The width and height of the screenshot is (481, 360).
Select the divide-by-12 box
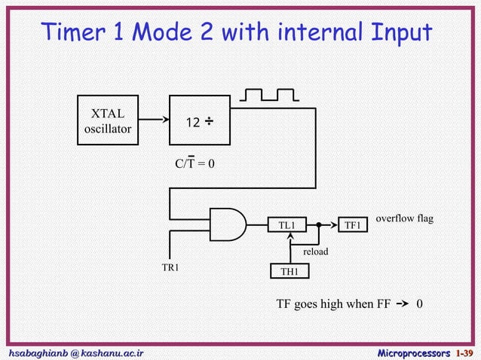point(201,121)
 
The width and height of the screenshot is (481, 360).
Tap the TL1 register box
point(287,225)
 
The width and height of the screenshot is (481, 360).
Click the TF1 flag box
point(353,225)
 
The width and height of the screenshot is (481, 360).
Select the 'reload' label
point(315,251)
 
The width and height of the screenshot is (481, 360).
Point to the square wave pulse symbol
point(268,96)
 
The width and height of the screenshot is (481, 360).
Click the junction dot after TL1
point(318,225)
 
